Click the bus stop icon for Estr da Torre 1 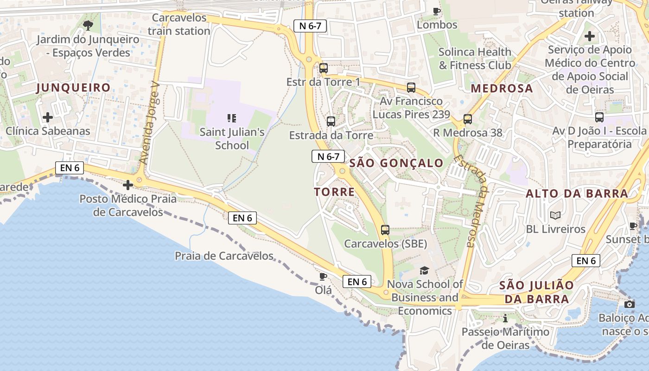324,68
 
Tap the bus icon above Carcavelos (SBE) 385,230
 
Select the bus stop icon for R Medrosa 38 467,119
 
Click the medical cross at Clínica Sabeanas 47,117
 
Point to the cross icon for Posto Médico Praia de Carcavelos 128,185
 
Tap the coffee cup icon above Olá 323,276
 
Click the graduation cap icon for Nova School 424,270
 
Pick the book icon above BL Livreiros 555,215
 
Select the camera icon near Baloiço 629,304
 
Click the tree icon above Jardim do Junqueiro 88,25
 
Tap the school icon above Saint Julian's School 232,118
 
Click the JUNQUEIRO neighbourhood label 73,88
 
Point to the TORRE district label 334,192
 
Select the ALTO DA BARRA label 577,194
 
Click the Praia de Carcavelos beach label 224,256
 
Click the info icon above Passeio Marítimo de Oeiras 505,319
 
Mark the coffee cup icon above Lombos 436,11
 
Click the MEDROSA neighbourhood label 502,89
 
